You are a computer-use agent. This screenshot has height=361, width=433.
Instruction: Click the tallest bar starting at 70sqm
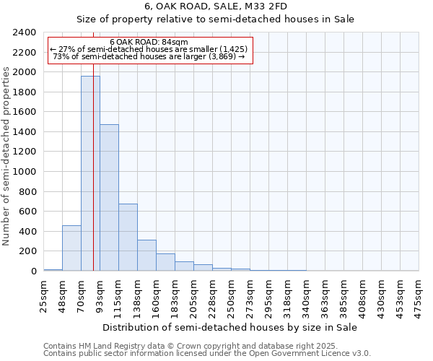(90, 173)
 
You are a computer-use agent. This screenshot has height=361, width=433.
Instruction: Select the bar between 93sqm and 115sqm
(109, 198)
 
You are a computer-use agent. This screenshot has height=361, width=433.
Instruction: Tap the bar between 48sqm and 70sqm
(71, 248)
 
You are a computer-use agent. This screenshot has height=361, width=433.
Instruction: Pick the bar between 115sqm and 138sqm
(128, 238)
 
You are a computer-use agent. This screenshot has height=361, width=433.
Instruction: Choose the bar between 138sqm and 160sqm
(146, 256)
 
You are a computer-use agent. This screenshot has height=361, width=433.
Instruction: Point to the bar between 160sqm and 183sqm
(165, 262)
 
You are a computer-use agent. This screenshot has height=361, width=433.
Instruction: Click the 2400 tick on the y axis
(25, 32)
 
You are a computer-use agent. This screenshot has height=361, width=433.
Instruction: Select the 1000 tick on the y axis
(25, 172)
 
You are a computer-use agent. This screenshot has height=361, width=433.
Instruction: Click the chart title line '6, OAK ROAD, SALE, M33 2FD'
(216, 6)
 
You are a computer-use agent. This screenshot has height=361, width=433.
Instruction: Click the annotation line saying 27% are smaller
(149, 49)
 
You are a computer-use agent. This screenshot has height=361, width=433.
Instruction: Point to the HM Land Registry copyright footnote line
(185, 346)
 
